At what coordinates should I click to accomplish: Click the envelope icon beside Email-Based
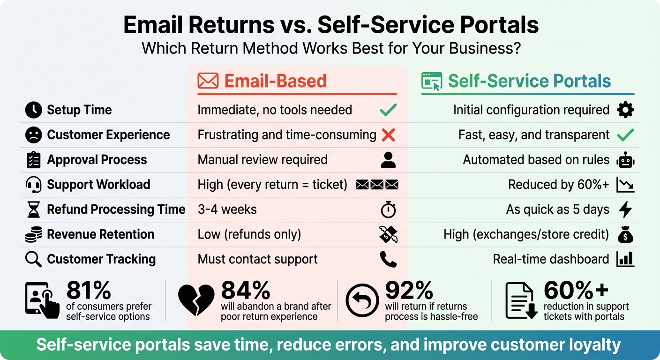pos(208,81)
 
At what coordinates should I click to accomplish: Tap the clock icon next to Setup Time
pos(33,110)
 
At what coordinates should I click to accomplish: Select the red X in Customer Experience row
pos(388,135)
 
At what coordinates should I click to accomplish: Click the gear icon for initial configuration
pos(625,110)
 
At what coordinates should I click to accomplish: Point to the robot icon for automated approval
pos(625,160)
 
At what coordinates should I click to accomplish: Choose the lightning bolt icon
pos(625,210)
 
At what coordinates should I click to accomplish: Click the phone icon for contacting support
pos(388,259)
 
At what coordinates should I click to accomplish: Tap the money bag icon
pos(625,234)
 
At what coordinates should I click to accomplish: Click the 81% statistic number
pos(89,291)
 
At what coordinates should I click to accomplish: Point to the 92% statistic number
pos(409,291)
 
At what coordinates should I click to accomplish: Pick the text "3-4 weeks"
pos(227,210)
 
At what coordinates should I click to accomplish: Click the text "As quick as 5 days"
pos(557,210)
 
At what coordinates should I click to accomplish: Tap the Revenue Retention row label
pos(100,234)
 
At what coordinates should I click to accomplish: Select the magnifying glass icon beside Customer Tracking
pos(33,259)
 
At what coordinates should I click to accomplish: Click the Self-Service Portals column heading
pos(529,81)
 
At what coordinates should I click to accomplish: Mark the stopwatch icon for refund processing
pos(388,210)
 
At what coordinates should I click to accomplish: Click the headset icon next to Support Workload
pos(33,185)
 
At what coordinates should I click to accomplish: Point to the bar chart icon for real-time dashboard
pos(625,259)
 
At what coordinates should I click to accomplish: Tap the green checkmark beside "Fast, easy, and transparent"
pos(625,135)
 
